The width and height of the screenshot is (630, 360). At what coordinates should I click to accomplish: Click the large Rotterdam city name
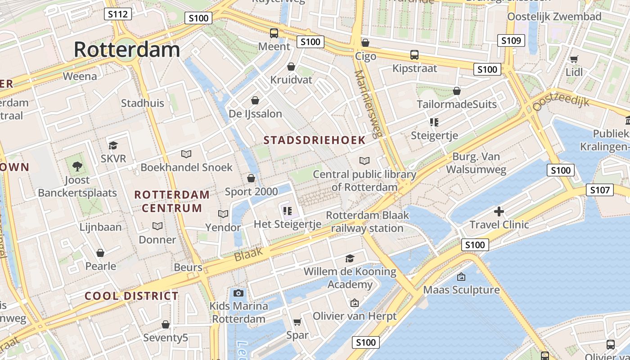127,49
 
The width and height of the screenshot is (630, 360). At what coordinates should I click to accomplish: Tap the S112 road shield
118,14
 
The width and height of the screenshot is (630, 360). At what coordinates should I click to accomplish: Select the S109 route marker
511,40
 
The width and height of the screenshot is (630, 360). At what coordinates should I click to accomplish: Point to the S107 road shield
600,190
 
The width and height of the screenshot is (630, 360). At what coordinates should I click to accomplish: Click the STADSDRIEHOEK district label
315,140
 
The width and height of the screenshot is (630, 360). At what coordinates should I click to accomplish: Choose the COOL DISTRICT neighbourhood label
131,296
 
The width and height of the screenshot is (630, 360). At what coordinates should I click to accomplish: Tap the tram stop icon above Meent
274,33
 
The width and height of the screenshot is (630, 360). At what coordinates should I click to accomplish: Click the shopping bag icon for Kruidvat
291,67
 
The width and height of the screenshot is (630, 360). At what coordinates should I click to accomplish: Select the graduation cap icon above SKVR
113,145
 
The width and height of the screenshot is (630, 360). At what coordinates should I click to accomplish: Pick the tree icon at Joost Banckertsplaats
77,166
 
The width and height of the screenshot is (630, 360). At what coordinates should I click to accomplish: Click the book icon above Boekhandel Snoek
186,154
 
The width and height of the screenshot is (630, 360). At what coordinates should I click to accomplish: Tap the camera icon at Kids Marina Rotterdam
238,293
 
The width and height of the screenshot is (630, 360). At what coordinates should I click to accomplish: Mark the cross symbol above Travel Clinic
499,211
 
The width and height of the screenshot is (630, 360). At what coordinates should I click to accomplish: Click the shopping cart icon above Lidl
574,59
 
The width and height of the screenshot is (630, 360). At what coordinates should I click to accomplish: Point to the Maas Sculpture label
461,289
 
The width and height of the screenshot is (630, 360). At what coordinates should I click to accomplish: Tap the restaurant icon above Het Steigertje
288,211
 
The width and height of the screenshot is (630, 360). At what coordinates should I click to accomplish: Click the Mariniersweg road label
365,104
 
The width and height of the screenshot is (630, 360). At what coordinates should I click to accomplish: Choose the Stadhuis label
143,103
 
